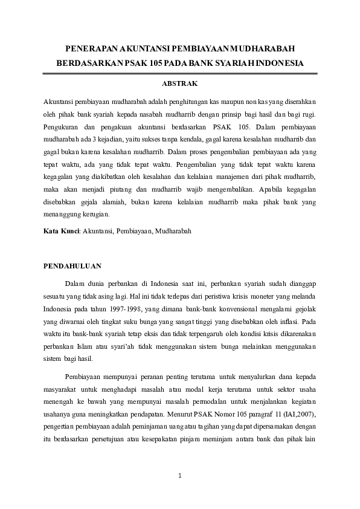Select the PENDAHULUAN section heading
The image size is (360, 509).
(72, 265)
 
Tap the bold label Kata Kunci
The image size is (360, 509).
(61, 230)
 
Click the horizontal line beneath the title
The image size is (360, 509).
(179, 73)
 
